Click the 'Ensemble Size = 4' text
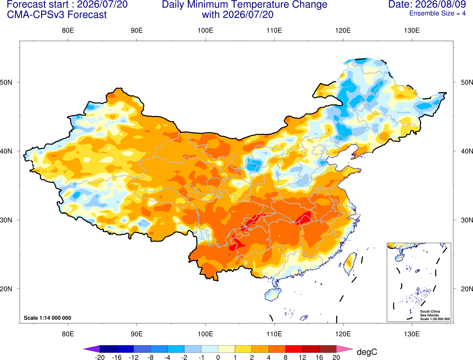tap(437, 13)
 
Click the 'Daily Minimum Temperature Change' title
tap(245, 4)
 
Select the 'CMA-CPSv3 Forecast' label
tap(57, 15)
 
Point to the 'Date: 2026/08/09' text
tap(427, 4)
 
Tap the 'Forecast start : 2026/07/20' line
tap(67, 4)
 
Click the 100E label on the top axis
tap(205, 30)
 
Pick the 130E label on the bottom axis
tap(412, 334)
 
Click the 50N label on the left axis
tap(6, 82)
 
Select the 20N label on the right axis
tap(467, 289)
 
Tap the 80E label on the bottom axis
tap(68, 334)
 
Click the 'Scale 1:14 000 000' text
tap(48, 318)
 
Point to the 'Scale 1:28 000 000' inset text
tap(435, 319)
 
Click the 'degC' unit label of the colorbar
tap(367, 352)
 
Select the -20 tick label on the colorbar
tap(100, 357)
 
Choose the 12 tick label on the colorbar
tap(302, 357)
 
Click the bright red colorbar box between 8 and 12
tap(294, 349)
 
